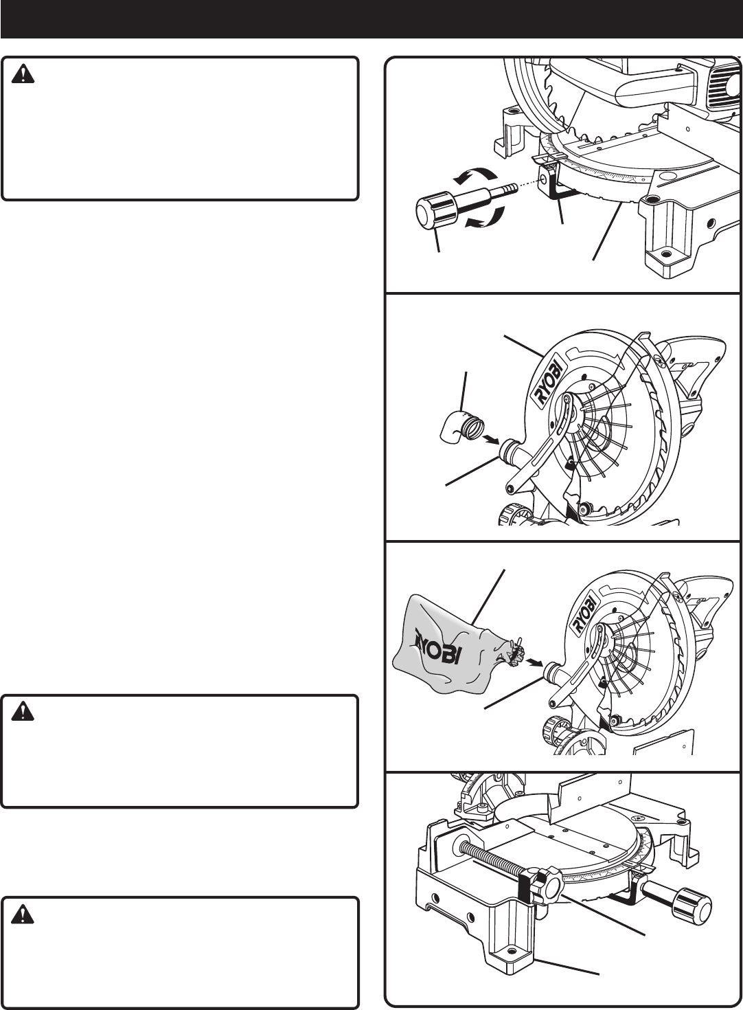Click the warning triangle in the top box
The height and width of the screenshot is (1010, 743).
tap(23, 74)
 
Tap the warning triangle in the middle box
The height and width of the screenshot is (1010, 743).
tap(23, 712)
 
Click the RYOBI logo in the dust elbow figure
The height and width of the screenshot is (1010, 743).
tap(550, 381)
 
